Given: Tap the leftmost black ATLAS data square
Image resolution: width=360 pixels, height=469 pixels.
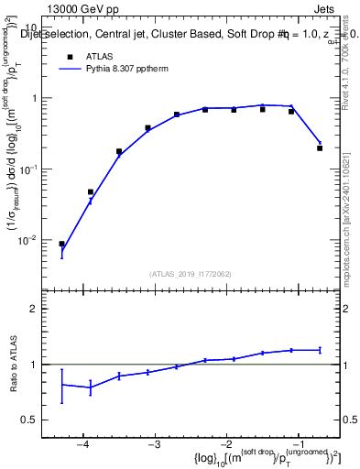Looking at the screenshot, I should [61, 245].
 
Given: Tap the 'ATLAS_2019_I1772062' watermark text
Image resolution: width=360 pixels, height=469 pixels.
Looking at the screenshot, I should [191, 274].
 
